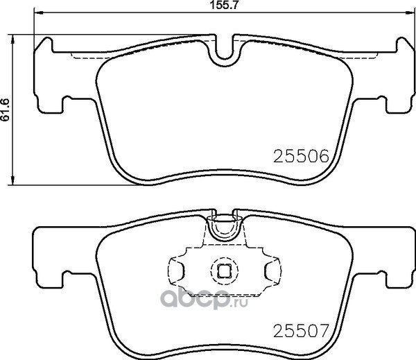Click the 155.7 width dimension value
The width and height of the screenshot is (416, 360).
220,5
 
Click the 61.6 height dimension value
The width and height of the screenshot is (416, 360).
5,110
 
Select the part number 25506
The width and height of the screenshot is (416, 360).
301,156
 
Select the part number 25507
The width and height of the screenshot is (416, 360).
301,331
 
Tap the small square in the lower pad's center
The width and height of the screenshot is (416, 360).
224,271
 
